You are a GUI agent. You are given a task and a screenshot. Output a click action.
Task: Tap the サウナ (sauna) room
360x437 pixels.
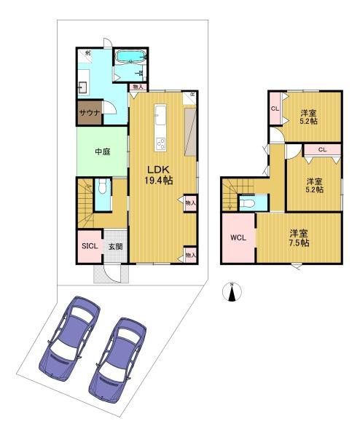tap(90, 114)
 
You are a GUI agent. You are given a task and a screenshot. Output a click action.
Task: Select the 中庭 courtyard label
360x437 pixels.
tap(101, 152)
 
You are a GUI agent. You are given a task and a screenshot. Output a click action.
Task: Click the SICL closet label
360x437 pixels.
tap(90, 247)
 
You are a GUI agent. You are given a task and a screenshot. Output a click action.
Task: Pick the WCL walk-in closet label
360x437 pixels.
tap(238, 237)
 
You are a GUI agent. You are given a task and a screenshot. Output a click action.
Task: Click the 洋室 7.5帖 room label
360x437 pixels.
tap(298, 238)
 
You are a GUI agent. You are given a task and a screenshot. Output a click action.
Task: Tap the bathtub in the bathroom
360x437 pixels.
tap(131, 57)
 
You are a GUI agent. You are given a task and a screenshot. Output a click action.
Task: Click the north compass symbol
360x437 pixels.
tap(232, 292)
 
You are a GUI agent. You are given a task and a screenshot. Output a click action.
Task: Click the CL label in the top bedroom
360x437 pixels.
tap(275, 109)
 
